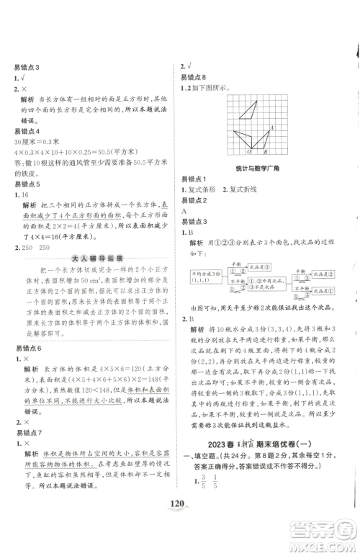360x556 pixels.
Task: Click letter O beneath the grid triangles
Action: (248, 153)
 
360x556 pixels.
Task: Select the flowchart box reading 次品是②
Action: (318, 274)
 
